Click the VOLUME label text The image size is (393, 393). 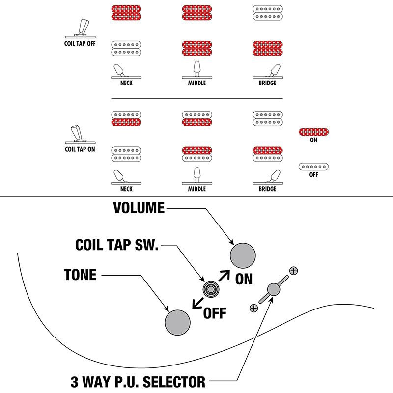point(139,208)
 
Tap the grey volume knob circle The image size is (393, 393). point(243,256)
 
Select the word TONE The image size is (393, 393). point(80,275)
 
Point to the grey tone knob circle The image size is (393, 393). point(177,322)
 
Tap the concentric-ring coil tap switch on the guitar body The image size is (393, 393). point(211,290)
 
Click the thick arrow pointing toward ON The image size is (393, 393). point(225,275)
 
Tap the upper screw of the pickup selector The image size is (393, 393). point(294,270)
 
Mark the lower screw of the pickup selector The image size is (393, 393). point(253,308)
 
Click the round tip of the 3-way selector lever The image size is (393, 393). point(273,290)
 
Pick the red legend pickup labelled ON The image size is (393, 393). point(313,131)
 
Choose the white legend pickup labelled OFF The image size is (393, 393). point(313,167)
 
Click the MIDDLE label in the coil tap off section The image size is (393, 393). point(196,83)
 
